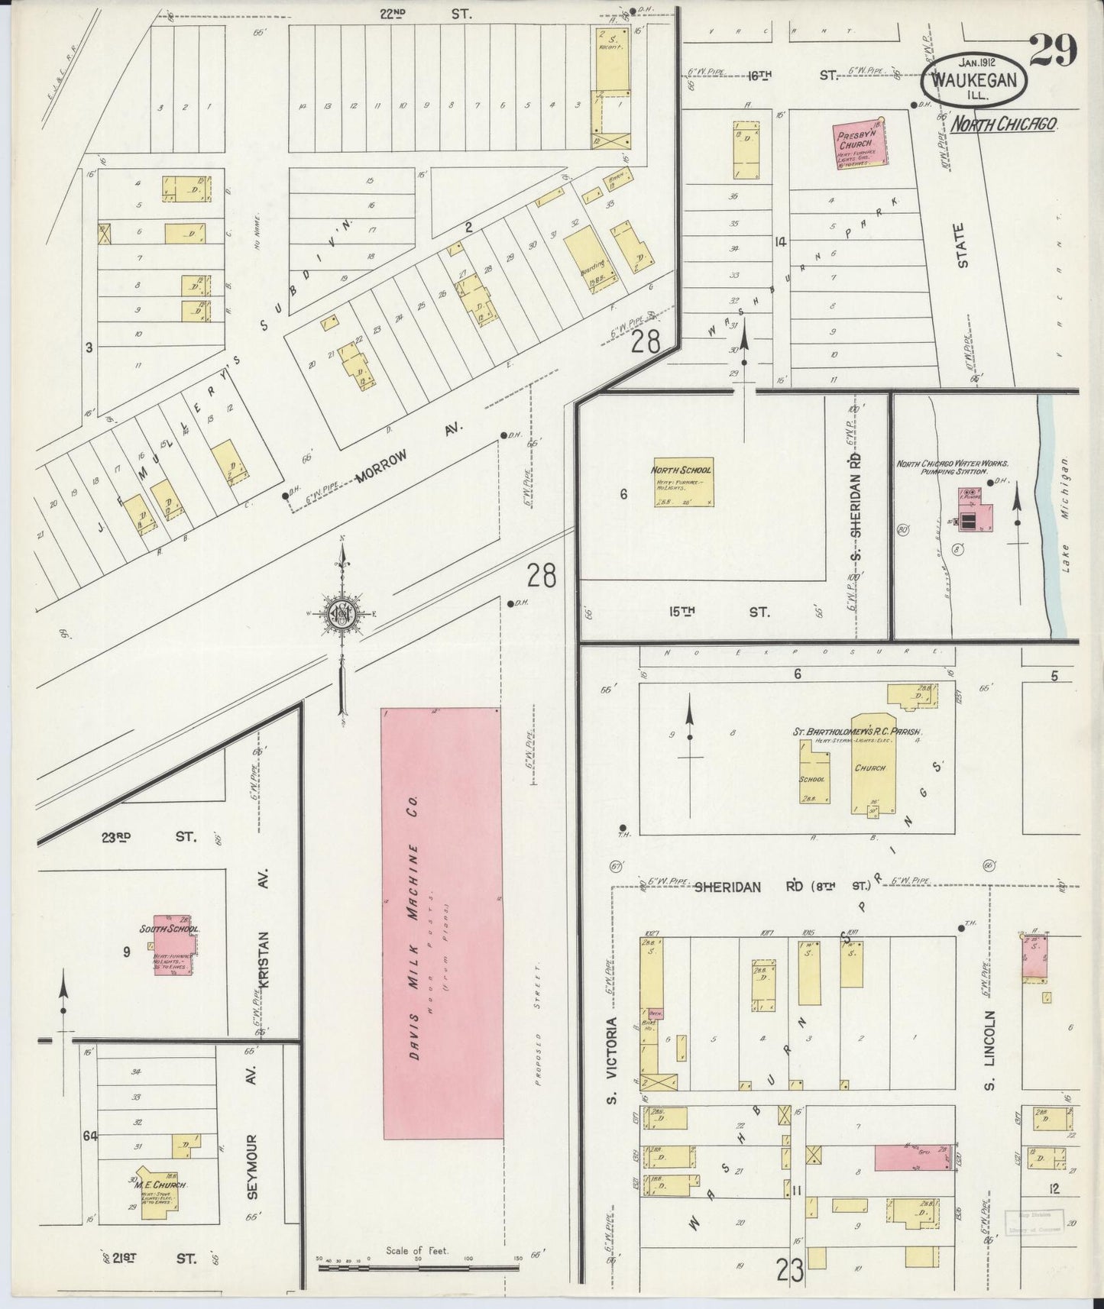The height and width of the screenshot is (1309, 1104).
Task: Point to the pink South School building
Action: [x=174, y=945]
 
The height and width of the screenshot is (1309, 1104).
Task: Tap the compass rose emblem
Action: [x=342, y=613]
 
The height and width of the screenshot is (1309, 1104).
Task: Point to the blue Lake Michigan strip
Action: [x=1055, y=519]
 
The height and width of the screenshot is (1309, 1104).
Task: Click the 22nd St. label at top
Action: [x=426, y=14]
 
